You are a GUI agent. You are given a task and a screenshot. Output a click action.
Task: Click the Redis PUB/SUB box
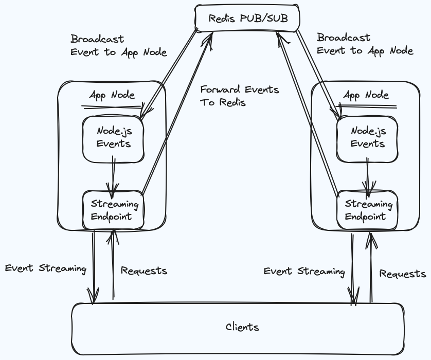click(x=247, y=19)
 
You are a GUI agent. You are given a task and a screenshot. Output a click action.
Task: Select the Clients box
click(x=237, y=328)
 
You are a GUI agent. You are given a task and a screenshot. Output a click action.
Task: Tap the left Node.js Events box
click(x=113, y=138)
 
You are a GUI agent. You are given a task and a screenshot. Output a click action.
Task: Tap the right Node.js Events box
click(x=367, y=138)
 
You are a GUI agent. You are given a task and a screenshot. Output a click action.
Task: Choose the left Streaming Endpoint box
click(x=113, y=210)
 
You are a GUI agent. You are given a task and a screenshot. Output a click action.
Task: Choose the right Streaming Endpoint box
click(x=367, y=210)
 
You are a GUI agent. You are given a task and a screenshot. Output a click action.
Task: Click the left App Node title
click(x=112, y=95)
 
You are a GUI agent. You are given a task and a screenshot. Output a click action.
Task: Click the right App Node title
click(x=366, y=95)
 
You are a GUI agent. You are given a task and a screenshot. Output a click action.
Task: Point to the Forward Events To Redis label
click(x=239, y=96)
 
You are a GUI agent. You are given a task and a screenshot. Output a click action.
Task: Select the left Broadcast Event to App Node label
click(x=118, y=45)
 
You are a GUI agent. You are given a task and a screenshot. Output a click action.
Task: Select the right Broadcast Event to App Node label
click(x=365, y=44)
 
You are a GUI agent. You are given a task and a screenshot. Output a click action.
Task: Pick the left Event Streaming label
click(x=45, y=268)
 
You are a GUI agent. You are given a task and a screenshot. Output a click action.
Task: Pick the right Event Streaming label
click(x=304, y=272)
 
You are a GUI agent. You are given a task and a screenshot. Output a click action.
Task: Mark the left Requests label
click(x=143, y=271)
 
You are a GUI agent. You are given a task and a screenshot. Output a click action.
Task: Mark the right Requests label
click(x=402, y=274)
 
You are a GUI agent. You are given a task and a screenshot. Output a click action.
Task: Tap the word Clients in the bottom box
click(x=242, y=327)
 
